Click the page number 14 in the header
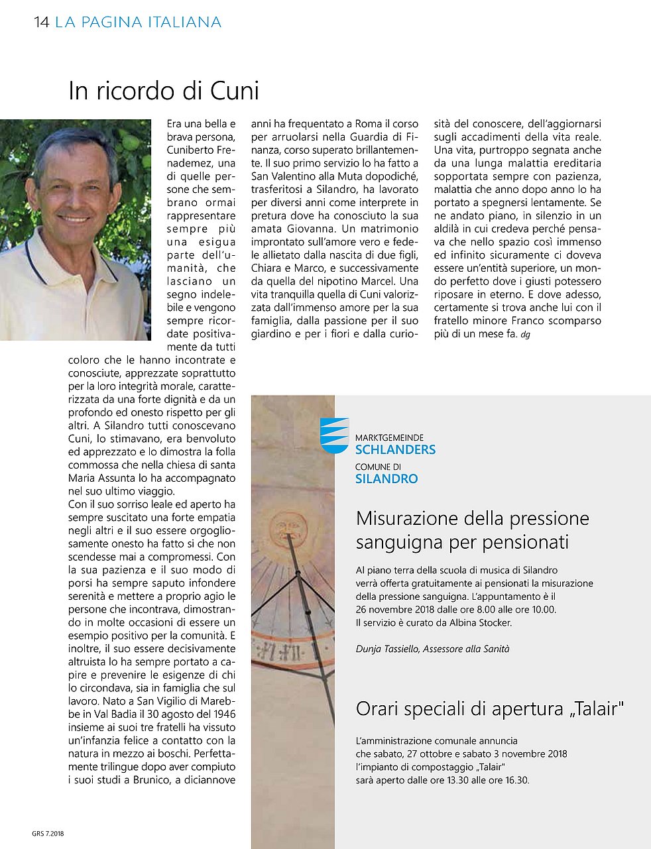(x=41, y=23)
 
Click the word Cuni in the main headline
(x=235, y=91)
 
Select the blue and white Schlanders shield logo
(x=334, y=435)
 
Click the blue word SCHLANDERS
(x=395, y=449)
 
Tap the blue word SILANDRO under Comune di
(x=386, y=479)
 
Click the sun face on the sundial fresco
(x=287, y=528)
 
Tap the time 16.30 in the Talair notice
(x=516, y=780)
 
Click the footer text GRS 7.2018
(x=48, y=834)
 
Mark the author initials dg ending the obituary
(x=526, y=335)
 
